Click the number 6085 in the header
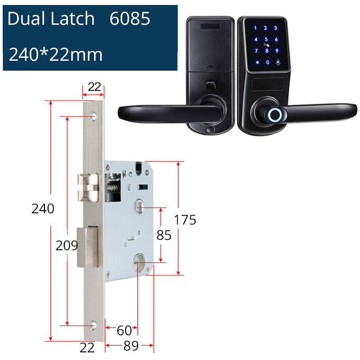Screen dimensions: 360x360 coord(130,19)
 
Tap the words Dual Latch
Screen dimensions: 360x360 coord(51,19)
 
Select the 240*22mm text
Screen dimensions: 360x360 coord(56,55)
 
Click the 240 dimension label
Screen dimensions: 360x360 coord(43,209)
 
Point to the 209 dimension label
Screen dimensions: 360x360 coord(67,246)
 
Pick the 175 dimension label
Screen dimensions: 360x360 coord(185,220)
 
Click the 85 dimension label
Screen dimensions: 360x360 coord(164,235)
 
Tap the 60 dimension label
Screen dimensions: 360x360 coord(124,331)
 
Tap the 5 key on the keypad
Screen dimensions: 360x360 coord(267,40)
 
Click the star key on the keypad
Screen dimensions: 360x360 coord(257,63)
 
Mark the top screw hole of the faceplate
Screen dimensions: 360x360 coord(94,117)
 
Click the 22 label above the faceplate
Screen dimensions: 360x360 coord(94,87)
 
